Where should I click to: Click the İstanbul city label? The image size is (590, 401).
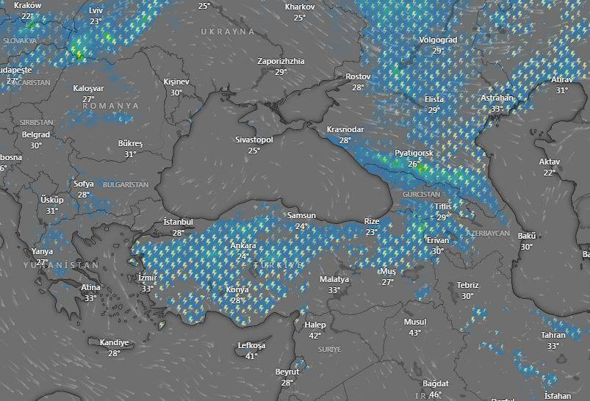pyautogui.click(x=178, y=222)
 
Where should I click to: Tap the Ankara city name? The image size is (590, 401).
pyautogui.click(x=243, y=245)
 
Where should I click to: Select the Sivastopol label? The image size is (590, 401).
pyautogui.click(x=253, y=140)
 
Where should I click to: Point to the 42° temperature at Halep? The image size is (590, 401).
pyautogui.click(x=314, y=336)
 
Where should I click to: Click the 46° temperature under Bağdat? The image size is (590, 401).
pyautogui.click(x=435, y=394)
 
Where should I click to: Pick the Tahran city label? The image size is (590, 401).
pyautogui.click(x=553, y=335)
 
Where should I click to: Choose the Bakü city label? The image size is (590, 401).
pyautogui.click(x=527, y=236)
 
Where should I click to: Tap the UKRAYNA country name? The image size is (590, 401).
pyautogui.click(x=228, y=32)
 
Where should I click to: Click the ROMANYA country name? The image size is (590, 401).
pyautogui.click(x=110, y=106)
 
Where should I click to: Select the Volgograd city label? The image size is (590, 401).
pyautogui.click(x=438, y=40)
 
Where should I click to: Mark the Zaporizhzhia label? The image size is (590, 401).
pyautogui.click(x=281, y=61)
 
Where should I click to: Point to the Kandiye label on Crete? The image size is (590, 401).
pyautogui.click(x=114, y=342)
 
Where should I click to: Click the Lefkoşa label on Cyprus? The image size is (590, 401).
pyautogui.click(x=251, y=345)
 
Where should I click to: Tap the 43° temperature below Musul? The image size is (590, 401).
pyautogui.click(x=414, y=333)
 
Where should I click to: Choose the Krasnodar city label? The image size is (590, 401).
pyautogui.click(x=345, y=129)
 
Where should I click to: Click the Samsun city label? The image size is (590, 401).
pyautogui.click(x=301, y=216)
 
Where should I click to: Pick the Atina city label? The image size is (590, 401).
pyautogui.click(x=90, y=287)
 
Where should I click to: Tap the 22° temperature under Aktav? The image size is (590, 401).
pyautogui.click(x=549, y=173)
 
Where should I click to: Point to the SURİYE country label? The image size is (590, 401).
pyautogui.click(x=330, y=350)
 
